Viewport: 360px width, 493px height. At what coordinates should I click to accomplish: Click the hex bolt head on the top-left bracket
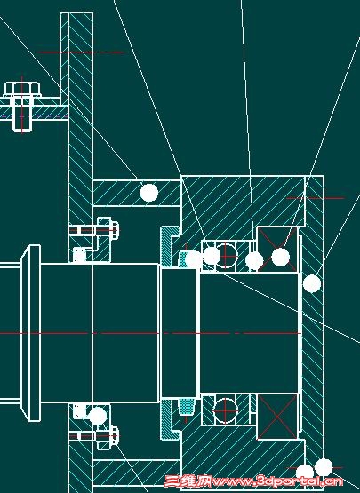click(x=22, y=89)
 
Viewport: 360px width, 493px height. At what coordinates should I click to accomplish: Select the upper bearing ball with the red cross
click(x=226, y=256)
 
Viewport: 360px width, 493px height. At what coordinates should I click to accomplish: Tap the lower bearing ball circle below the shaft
click(x=225, y=410)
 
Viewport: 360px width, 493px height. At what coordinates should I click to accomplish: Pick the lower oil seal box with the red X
click(x=277, y=416)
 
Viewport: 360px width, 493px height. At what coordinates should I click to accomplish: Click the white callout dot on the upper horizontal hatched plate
click(x=148, y=193)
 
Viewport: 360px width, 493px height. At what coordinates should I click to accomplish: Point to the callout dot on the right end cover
click(x=312, y=283)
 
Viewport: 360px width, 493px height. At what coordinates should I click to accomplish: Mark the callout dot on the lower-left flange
click(x=98, y=416)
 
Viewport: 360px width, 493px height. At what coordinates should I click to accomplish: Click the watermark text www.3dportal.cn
click(x=277, y=481)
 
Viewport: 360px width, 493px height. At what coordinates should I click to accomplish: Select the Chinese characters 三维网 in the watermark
click(x=188, y=481)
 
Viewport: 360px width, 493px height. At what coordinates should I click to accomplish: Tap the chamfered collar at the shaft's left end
click(x=30, y=332)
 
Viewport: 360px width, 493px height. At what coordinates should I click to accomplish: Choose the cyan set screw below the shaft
click(x=187, y=407)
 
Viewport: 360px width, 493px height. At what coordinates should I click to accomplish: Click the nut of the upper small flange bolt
click(x=115, y=230)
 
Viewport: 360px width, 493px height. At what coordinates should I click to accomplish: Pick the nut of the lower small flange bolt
click(x=115, y=436)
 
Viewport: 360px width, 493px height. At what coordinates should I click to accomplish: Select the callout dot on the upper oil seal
click(x=280, y=257)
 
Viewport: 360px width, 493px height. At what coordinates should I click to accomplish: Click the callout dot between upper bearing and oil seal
click(x=254, y=260)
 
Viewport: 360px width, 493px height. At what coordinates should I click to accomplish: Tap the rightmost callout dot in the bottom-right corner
click(x=324, y=467)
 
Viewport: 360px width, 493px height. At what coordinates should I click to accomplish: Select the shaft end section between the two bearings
click(x=249, y=332)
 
